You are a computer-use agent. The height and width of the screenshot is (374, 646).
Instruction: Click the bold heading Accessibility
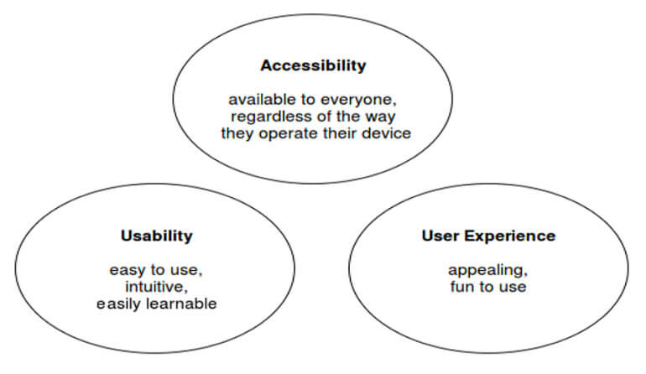tap(313, 65)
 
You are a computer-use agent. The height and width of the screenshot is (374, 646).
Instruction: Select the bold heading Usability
tap(156, 236)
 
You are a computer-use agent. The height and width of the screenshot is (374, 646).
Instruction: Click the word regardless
tap(270, 116)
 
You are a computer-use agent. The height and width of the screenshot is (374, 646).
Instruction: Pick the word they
tap(239, 133)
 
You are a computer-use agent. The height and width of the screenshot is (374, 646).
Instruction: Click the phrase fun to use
tap(487, 287)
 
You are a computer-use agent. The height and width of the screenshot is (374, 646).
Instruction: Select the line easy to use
tap(156, 270)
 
